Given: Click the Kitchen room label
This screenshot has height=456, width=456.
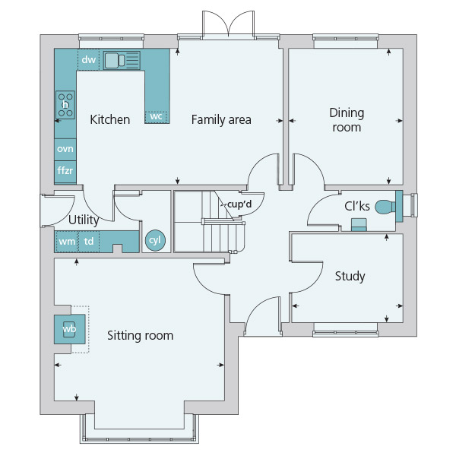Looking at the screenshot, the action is tap(110, 119).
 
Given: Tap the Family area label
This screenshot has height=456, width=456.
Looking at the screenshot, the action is tap(221, 119).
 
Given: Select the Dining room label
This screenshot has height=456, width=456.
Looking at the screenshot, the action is tap(347, 120).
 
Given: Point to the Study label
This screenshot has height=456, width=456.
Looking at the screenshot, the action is tap(350, 276).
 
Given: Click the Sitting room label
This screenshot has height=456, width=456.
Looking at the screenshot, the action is tap(140, 336).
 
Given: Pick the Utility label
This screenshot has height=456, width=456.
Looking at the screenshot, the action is tap(84, 220).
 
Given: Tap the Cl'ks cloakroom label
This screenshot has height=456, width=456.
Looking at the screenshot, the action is tap(357, 206).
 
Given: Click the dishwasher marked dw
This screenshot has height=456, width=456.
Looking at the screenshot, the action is tap(89, 59).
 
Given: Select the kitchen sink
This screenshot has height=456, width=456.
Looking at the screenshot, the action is tap(122, 61).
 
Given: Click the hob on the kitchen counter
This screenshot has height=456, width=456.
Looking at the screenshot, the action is tap(65, 105).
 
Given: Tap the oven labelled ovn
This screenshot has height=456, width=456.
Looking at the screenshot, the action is tap(65, 150).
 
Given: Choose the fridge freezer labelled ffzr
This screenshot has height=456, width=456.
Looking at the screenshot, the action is tap(65, 171).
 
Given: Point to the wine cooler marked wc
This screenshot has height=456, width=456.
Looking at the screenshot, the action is tap(156, 117).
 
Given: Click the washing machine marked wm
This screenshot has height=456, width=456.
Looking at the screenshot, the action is tap(67, 242).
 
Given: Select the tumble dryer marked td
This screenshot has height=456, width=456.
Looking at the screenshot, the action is tap(89, 242).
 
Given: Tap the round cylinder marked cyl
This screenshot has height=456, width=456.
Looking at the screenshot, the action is tap(155, 240).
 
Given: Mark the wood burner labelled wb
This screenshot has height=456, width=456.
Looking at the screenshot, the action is tap(69, 329).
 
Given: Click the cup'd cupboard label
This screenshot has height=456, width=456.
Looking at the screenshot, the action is tap(239, 204).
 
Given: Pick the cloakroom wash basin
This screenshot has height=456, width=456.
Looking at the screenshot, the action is tap(359, 224).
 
